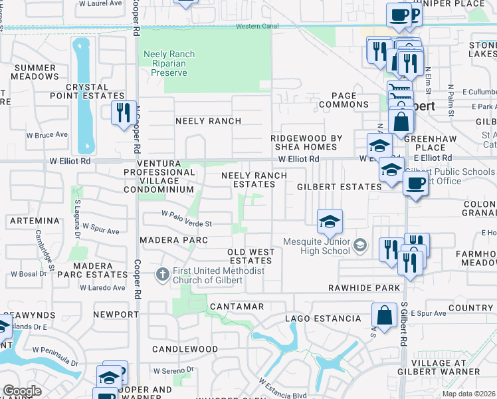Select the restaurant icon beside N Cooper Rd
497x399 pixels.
coord(122,112)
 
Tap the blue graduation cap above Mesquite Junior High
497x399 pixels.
coord(329,221)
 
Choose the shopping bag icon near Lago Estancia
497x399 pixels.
coord(384,314)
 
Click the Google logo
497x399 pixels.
coord(23,391)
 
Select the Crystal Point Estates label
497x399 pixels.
coord(87,91)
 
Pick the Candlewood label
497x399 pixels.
coord(185,348)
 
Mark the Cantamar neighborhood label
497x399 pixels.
coord(237,307)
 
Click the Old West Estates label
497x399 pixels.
coord(252,256)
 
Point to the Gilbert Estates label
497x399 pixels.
coord(339,187)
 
